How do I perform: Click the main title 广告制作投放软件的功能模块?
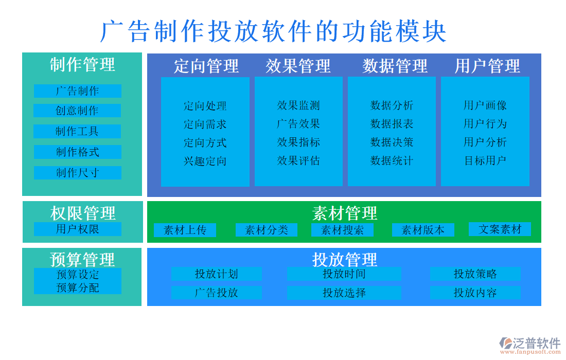click(273, 31)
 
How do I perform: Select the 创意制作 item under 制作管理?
click(77, 111)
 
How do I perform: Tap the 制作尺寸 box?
click(77, 173)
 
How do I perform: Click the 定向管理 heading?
click(206, 66)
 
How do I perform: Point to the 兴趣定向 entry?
click(205, 161)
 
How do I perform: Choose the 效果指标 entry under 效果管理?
click(298, 142)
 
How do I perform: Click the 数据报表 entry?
click(392, 124)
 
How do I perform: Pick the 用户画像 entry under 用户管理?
click(485, 105)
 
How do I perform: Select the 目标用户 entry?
click(485, 160)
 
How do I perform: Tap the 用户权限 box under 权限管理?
click(77, 229)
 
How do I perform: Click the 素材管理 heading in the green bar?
click(344, 212)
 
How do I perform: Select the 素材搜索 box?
click(342, 230)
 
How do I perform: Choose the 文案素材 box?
click(500, 229)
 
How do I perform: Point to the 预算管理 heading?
click(82, 259)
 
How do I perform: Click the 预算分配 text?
click(77, 288)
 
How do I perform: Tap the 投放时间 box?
click(344, 274)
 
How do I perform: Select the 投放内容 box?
click(475, 293)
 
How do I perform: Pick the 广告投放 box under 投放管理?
click(216, 293)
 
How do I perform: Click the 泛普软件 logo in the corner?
click(530, 345)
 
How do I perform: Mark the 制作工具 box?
click(77, 131)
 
